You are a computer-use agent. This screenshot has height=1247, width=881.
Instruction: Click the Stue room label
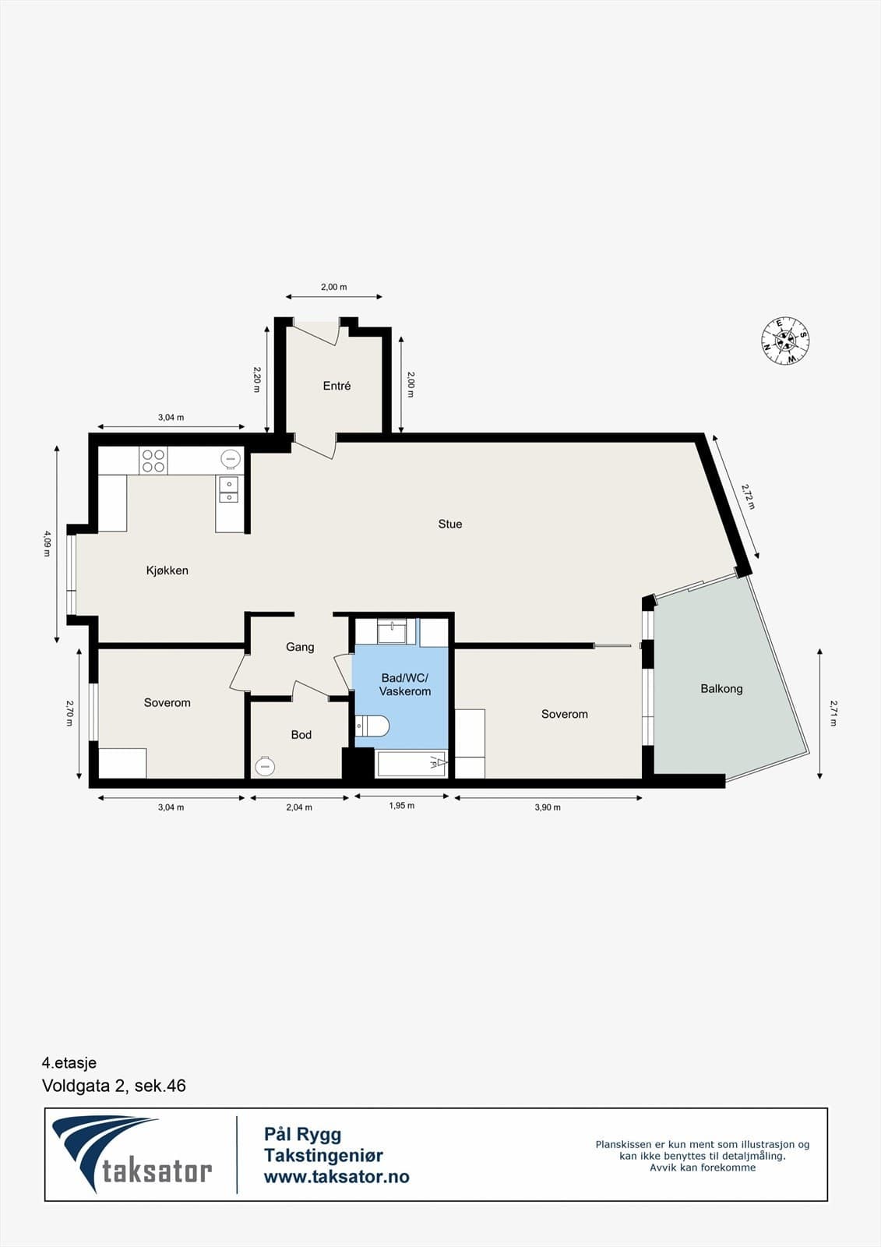[x=449, y=524]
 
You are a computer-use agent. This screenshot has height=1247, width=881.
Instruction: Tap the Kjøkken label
[x=167, y=571]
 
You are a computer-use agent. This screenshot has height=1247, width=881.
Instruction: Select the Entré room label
[x=337, y=386]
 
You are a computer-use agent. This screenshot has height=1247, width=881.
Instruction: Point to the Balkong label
[x=721, y=689]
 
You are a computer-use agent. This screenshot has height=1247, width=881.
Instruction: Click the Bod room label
[x=301, y=735]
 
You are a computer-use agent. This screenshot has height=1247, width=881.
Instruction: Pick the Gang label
[x=300, y=647]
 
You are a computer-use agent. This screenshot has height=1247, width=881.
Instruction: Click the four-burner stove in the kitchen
[x=153, y=461]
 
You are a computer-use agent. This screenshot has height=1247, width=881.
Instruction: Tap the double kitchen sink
[x=228, y=489]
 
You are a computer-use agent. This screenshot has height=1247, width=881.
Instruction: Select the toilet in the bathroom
[x=372, y=726]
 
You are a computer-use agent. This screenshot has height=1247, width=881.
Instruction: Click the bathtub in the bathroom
[x=412, y=764]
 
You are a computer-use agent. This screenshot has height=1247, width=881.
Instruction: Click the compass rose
[x=785, y=341]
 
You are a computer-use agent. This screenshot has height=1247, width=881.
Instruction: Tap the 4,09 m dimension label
[x=47, y=544]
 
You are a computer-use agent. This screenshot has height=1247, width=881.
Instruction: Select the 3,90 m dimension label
[x=548, y=807]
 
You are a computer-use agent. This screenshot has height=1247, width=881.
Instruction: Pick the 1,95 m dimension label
[x=402, y=806]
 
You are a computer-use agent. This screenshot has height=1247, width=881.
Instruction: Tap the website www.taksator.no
[x=337, y=1176]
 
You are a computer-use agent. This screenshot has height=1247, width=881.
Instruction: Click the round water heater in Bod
[x=264, y=766]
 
